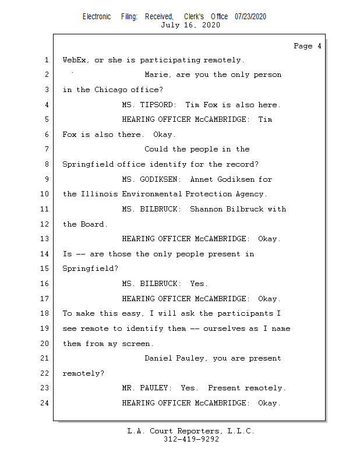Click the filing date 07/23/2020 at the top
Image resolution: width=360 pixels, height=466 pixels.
tap(250, 16)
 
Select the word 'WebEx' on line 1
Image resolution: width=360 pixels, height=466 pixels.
tap(74, 60)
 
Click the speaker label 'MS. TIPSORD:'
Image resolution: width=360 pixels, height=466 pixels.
tap(149, 105)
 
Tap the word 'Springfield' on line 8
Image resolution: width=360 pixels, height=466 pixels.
tap(87, 164)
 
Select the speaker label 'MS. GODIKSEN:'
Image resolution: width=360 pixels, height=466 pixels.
tap(151, 179)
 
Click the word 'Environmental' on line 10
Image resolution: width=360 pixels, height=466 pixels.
tap(154, 194)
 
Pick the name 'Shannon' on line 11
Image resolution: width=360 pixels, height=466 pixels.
tap(206, 209)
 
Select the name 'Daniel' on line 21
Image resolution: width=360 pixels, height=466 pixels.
tap(158, 358)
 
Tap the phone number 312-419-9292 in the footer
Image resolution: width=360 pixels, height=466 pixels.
tap(190, 439)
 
